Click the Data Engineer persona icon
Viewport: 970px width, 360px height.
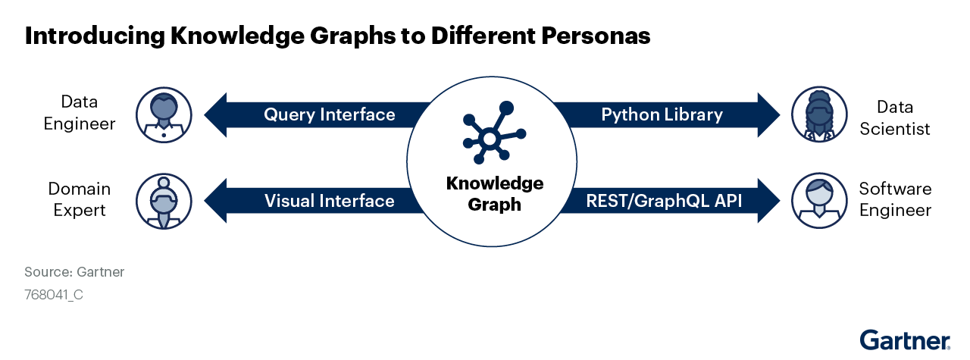click(x=164, y=114)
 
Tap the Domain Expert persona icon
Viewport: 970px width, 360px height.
click(x=164, y=202)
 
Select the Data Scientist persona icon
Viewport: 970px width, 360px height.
click(x=819, y=114)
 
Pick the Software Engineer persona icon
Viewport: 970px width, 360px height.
click(x=819, y=201)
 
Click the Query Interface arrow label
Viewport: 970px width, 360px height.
click(x=330, y=114)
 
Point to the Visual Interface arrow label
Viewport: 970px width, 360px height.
click(x=330, y=201)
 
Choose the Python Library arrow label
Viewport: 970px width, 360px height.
click(x=662, y=114)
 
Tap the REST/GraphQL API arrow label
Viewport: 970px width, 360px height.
click(x=664, y=201)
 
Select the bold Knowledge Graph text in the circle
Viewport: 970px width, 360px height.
click(x=495, y=194)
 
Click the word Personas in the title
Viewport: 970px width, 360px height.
click(x=596, y=36)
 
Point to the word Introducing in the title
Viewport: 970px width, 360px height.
click(x=95, y=36)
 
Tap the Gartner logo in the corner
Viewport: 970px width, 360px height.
click(x=905, y=340)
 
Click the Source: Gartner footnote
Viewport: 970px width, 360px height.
click(x=74, y=272)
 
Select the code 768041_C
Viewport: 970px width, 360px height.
click(x=54, y=295)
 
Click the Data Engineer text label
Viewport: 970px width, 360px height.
click(x=80, y=113)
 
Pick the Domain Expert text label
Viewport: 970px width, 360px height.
click(x=80, y=200)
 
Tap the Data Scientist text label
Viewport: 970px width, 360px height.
click(x=895, y=118)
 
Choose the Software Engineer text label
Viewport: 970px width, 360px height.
click(x=895, y=200)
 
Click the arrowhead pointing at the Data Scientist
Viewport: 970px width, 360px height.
click(x=768, y=114)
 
